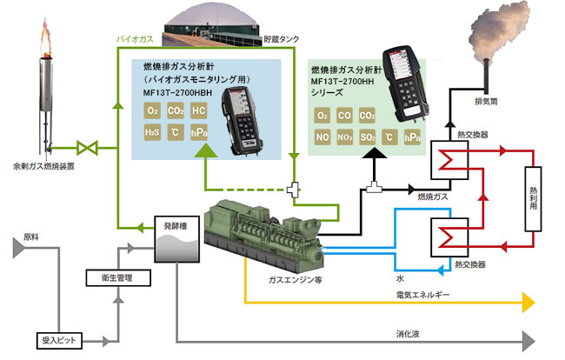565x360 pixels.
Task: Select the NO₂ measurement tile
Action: click(345, 137)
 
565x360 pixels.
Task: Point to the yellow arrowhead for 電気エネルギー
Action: click(527, 303)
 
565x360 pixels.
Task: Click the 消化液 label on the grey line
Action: click(409, 333)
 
